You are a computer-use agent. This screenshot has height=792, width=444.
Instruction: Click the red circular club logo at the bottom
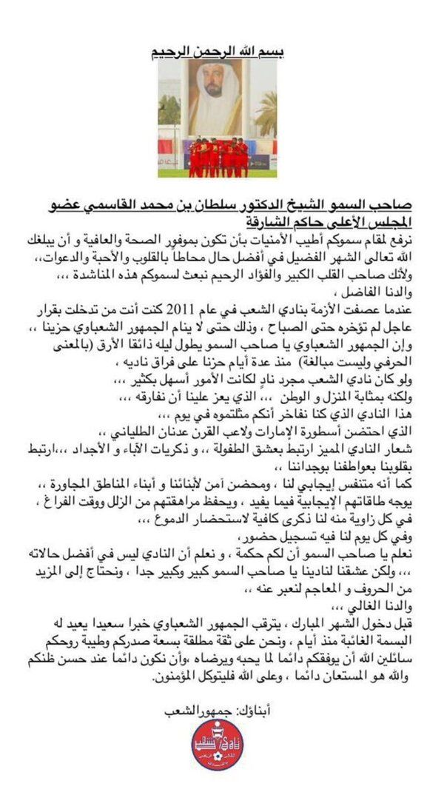click(217, 745)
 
